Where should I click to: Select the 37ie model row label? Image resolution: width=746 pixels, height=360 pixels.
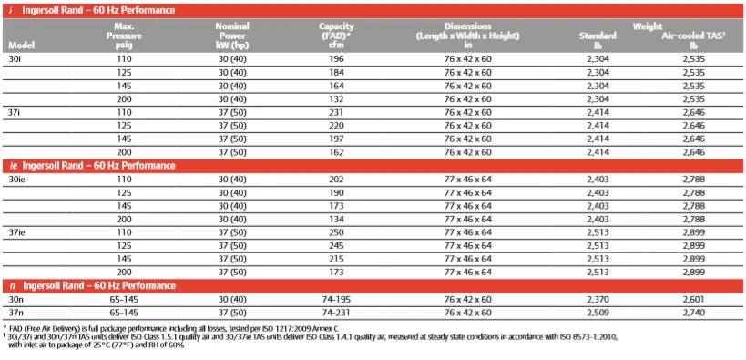(x=17, y=232)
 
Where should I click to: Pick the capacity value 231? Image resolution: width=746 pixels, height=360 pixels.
(x=337, y=111)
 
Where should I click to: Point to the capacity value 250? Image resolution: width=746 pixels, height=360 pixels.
(x=337, y=232)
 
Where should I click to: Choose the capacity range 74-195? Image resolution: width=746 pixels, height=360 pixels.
(x=337, y=299)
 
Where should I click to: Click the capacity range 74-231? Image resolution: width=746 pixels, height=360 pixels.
(x=337, y=312)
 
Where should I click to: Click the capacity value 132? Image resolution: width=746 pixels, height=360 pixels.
(x=337, y=98)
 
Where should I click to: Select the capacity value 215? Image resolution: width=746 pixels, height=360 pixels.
(x=337, y=259)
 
